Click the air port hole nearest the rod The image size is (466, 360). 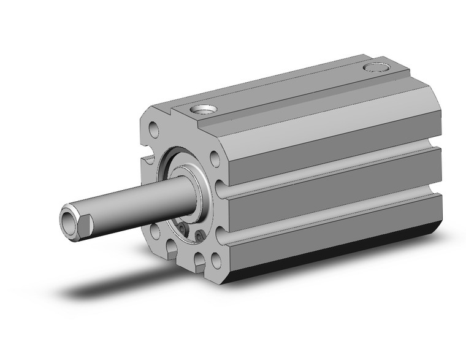tap(203, 110)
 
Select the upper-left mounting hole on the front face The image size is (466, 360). tap(153, 129)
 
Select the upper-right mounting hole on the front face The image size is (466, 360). tap(215, 159)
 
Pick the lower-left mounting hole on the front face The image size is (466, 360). tap(154, 232)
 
